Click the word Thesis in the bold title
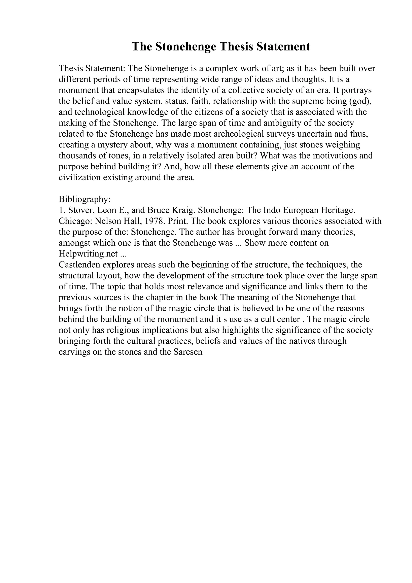point(236,47)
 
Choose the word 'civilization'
point(79,177)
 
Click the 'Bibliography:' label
point(84,199)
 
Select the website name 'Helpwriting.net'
point(88,254)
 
